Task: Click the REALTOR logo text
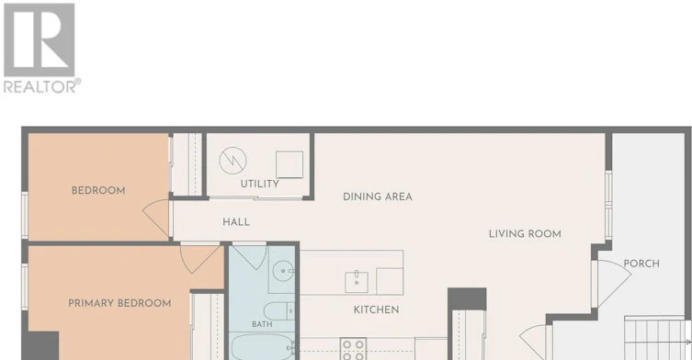coord(42,85)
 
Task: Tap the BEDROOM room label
coord(98,191)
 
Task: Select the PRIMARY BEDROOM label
coord(119,304)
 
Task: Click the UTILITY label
coord(259,184)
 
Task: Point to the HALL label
coord(236,222)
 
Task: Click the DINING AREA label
coord(378,197)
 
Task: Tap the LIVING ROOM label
coord(525,234)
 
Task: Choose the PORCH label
coord(641,264)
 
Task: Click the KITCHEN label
coord(377,310)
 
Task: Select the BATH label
coord(262,324)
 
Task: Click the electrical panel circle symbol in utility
coord(233,161)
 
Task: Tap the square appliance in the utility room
coord(289,164)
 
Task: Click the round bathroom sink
coord(282,271)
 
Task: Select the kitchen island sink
coord(357,282)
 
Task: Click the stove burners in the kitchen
coord(353,349)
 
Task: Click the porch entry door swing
coord(614,283)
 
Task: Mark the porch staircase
coord(657,338)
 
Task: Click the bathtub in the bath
coord(263,347)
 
